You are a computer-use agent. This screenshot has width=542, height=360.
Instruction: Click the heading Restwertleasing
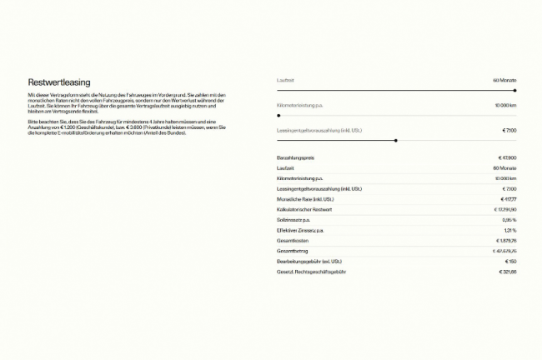(55, 83)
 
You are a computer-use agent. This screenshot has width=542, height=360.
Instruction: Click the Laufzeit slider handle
(515, 90)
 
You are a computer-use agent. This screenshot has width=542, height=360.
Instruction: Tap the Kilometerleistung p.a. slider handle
(279, 115)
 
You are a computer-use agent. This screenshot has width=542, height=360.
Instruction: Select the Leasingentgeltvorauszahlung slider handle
(395, 140)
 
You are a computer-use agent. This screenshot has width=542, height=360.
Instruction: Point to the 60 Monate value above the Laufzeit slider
(504, 80)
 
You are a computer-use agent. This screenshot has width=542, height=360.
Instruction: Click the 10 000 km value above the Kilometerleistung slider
(505, 106)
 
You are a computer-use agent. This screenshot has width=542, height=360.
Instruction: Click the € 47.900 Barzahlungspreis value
(507, 157)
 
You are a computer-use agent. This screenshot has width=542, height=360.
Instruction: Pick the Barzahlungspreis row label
(295, 157)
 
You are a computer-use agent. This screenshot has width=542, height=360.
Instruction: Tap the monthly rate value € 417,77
(507, 199)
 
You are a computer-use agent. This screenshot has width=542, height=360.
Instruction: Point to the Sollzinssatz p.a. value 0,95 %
(509, 220)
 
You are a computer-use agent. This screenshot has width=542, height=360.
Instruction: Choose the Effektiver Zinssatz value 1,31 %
(509, 230)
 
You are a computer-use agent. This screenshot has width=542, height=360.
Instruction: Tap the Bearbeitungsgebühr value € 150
(509, 262)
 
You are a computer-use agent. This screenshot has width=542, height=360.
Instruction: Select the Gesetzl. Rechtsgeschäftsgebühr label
(311, 272)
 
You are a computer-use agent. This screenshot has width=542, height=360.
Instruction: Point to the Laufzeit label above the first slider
(285, 80)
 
